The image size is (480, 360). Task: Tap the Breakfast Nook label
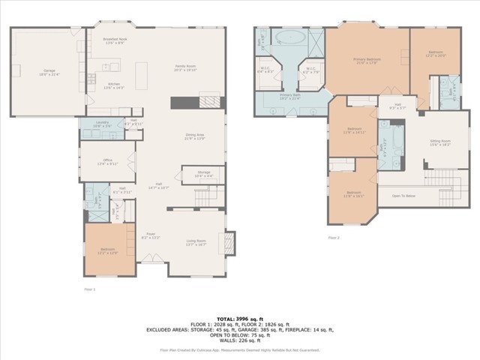click(x=114, y=40)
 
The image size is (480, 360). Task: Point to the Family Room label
click(x=185, y=67)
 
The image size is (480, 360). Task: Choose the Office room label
click(x=108, y=162)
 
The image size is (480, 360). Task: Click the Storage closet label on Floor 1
click(x=203, y=175)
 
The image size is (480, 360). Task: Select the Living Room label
click(x=196, y=242)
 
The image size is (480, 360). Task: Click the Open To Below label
click(x=403, y=196)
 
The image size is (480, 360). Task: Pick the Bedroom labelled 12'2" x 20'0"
click(x=436, y=53)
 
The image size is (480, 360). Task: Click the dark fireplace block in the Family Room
click(x=183, y=103)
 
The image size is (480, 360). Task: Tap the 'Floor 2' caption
click(x=334, y=238)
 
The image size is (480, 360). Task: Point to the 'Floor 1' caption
click(x=89, y=287)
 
